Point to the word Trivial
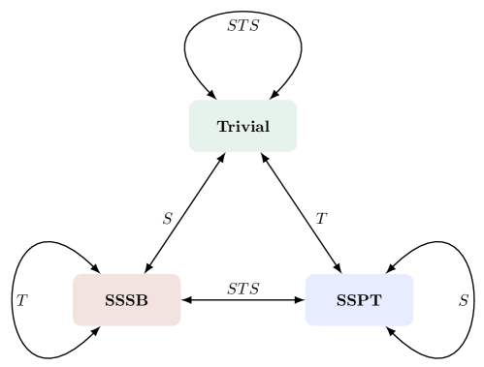point(242,127)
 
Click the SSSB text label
point(126,300)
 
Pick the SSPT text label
point(359,300)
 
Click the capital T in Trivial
point(222,127)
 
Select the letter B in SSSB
point(143,300)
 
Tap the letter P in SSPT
point(364,300)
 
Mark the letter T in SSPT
point(375,300)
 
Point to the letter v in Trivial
point(243,128)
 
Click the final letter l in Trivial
point(267,127)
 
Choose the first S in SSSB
point(110,300)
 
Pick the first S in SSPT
point(341,300)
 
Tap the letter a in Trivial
point(259,128)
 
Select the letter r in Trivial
point(232,128)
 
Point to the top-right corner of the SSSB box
point(179,276)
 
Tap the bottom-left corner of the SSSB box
point(74,324)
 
